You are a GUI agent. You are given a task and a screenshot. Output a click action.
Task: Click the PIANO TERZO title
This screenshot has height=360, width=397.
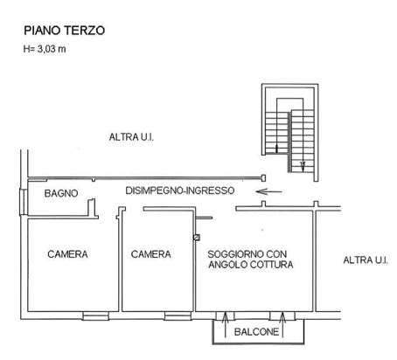64,31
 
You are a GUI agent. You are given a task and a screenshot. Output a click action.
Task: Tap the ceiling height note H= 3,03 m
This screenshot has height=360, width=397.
45,49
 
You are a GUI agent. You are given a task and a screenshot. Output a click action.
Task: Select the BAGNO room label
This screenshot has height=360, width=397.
61,193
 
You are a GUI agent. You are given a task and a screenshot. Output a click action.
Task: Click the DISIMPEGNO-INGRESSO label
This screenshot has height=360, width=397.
180,190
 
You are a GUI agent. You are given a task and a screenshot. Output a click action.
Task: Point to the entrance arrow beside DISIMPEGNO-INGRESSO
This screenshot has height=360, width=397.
268,191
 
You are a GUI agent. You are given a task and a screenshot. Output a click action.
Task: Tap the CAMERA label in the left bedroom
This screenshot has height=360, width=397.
67,254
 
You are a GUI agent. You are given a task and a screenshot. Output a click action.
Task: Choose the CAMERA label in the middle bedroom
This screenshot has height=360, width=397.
151,254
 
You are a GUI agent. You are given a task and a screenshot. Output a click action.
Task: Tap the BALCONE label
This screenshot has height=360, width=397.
256,332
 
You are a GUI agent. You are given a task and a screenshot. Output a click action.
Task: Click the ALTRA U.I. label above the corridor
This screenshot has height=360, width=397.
131,137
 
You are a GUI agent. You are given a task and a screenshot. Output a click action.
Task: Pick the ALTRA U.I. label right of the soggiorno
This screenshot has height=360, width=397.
366,260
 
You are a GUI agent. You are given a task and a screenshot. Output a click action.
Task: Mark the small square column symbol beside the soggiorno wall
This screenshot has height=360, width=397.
197,238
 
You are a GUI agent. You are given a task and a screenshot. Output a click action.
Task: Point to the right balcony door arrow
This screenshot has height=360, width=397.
282,324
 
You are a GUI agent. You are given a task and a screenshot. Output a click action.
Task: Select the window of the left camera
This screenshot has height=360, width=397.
95,315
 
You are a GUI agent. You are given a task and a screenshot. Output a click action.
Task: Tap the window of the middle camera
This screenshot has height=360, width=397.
178,315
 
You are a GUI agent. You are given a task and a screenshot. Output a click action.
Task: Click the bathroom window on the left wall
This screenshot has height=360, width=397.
24,202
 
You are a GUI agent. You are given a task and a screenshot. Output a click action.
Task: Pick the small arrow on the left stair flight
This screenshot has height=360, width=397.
276,149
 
